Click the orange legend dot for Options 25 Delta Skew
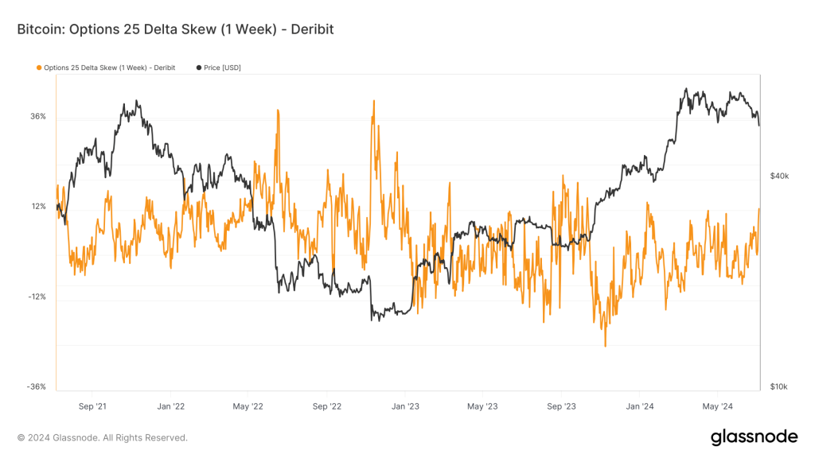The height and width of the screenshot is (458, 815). pyautogui.click(x=39, y=68)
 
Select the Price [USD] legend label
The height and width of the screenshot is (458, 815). pyautogui.click(x=221, y=68)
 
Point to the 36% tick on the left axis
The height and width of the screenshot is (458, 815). pyautogui.click(x=37, y=117)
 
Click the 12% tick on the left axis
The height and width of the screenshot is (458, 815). pyautogui.click(x=37, y=207)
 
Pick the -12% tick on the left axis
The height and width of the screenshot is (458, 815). pyautogui.click(x=37, y=297)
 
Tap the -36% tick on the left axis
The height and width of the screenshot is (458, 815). pyautogui.click(x=37, y=387)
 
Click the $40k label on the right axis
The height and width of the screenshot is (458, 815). pyautogui.click(x=779, y=176)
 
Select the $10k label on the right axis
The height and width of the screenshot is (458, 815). pyautogui.click(x=779, y=387)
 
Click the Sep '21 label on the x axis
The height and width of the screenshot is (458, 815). pyautogui.click(x=92, y=406)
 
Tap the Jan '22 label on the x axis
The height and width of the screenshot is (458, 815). pyautogui.click(x=170, y=406)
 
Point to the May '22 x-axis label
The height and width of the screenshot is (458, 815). pyautogui.click(x=248, y=406)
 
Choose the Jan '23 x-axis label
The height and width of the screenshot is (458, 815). pyautogui.click(x=405, y=406)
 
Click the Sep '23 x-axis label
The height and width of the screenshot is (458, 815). pyautogui.click(x=562, y=406)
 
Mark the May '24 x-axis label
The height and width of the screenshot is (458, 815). pyautogui.click(x=718, y=406)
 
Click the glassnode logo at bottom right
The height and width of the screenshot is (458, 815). pyautogui.click(x=753, y=437)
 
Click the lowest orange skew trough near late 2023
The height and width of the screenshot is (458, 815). pyautogui.click(x=605, y=346)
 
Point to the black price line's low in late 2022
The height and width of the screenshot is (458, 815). pyautogui.click(x=372, y=320)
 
